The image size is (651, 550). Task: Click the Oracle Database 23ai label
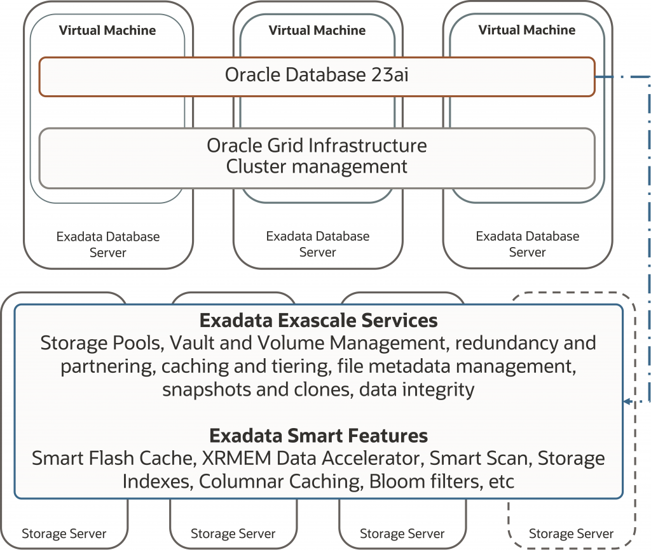(x=317, y=76)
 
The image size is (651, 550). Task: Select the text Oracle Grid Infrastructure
(x=317, y=145)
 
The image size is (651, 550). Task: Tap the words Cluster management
(x=317, y=167)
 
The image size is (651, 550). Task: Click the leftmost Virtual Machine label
(x=107, y=30)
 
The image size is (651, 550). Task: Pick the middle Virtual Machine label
(x=317, y=30)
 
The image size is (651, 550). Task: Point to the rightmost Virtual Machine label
(x=527, y=30)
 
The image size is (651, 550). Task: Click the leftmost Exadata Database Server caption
(x=108, y=245)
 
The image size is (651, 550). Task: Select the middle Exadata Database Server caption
(x=318, y=245)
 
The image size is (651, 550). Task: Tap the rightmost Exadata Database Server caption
(x=528, y=245)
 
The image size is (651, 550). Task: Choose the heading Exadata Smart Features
(x=319, y=436)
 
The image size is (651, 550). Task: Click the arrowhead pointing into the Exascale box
(x=627, y=401)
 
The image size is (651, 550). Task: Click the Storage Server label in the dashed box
(x=572, y=533)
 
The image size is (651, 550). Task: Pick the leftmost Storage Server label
(x=64, y=533)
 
